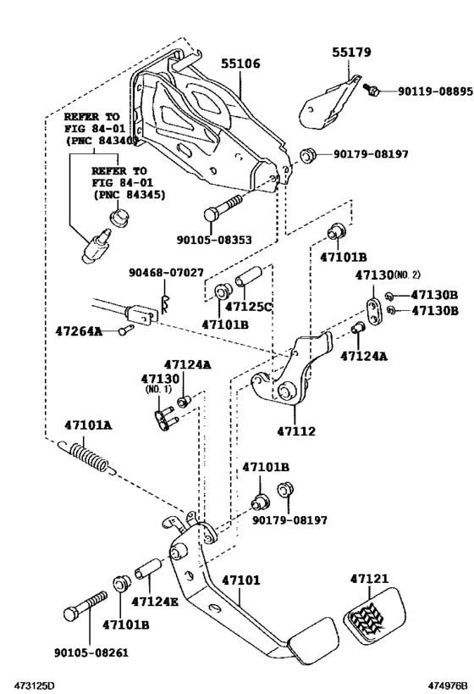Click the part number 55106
tap(240, 64)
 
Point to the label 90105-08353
tap(213, 241)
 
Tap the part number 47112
tap(295, 430)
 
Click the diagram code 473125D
tap(32, 684)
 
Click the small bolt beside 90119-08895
tap(371, 88)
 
